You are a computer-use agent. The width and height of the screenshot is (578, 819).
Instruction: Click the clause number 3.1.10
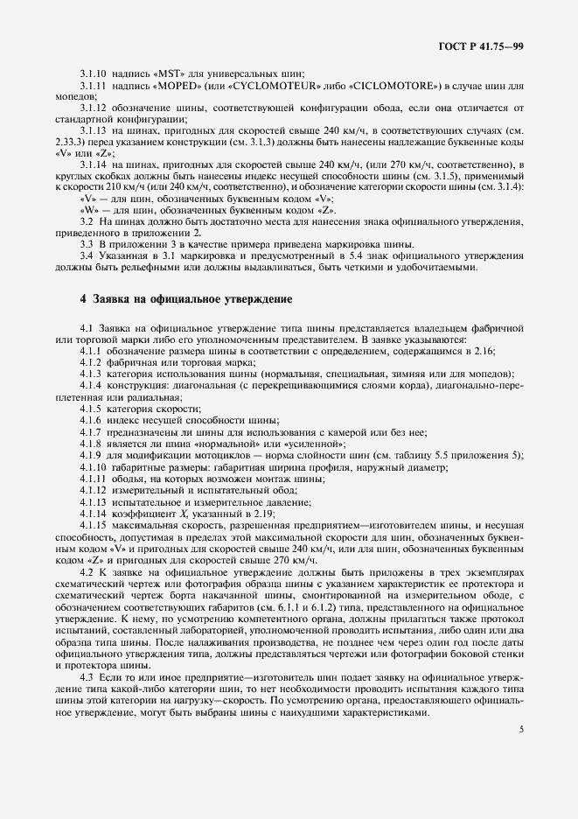(94, 73)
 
